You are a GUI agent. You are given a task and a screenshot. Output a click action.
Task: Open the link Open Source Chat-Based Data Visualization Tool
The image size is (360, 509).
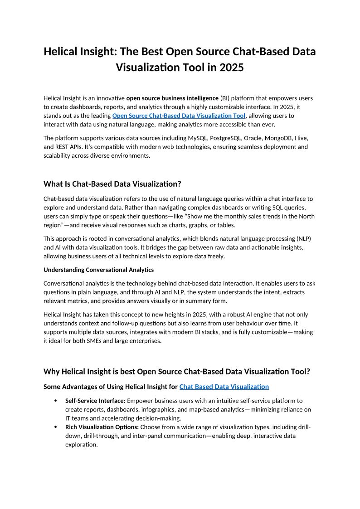179,116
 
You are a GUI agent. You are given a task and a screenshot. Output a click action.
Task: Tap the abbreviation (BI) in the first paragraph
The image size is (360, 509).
226,98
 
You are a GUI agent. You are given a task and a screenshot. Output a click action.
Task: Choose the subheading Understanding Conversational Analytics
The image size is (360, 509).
98,270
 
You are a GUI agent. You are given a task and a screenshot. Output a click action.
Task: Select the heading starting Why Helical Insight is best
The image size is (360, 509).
177,372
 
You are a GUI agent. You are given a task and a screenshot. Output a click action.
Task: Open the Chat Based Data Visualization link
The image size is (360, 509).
224,387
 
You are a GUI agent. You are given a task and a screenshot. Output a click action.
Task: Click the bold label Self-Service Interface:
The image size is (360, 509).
95,401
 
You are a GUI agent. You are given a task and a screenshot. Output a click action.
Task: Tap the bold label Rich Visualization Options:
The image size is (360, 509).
102,427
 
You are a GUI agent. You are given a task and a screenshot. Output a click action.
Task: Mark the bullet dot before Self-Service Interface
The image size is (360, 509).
55,401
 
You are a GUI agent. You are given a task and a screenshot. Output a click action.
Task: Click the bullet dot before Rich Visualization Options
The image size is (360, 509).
55,427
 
